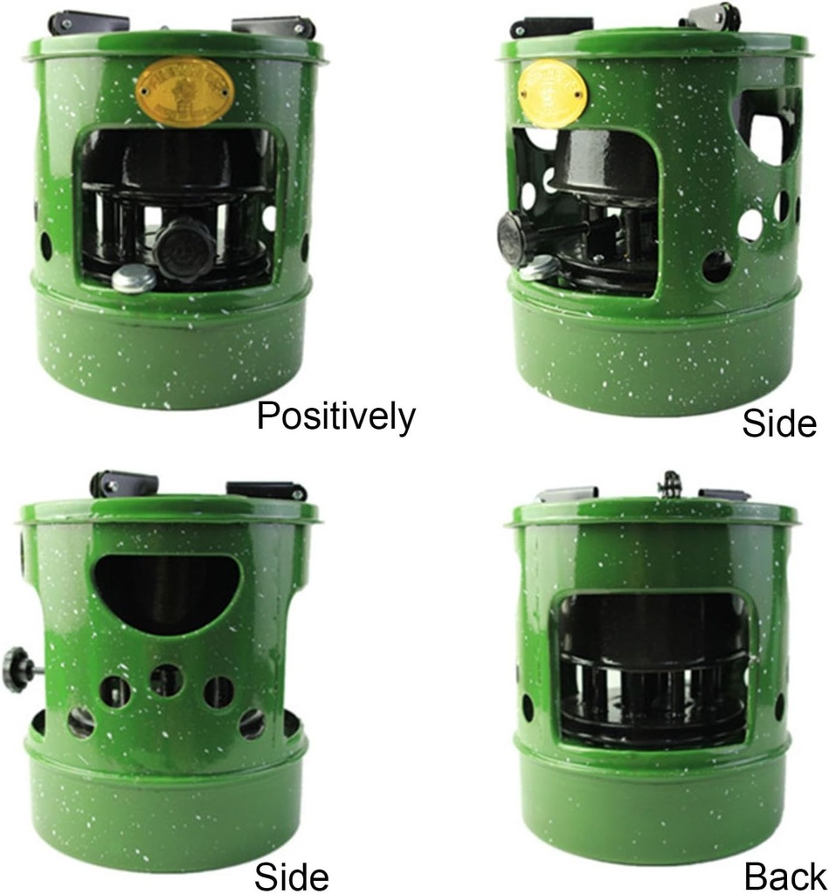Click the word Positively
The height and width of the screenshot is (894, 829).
point(335,416)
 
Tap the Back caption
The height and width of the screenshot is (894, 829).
point(784,876)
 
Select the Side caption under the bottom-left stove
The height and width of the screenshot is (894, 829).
point(291,876)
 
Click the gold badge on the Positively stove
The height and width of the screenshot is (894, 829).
point(184,92)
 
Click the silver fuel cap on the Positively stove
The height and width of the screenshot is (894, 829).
point(135,278)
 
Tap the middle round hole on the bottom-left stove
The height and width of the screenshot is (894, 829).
point(166,680)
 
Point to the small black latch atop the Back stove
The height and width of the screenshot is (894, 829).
point(670,484)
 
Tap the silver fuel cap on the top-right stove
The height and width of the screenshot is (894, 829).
point(541,267)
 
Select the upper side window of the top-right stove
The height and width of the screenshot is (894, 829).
point(766,127)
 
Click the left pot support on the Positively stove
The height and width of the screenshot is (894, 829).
point(88,21)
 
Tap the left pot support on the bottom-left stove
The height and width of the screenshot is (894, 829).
point(123,484)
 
